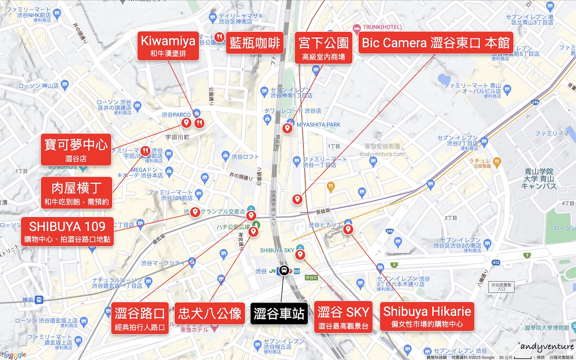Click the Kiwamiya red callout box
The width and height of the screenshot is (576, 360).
point(168,46)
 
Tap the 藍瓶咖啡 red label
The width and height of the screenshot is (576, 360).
point(255,43)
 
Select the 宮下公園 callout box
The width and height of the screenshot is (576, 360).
point(324,48)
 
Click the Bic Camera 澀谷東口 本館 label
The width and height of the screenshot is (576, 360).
point(436,43)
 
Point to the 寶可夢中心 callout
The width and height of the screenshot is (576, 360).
point(76,150)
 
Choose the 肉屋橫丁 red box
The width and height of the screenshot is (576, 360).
point(76,193)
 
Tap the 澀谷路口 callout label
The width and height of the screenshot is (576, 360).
point(140,318)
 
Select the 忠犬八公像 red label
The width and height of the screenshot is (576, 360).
point(210,313)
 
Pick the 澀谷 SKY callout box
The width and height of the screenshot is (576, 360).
point(343,317)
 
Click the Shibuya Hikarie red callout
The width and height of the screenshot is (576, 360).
point(427,316)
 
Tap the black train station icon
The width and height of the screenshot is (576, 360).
point(284,270)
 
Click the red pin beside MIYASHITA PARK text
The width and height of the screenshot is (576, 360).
point(287,128)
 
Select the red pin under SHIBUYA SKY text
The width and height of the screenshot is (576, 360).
point(300,254)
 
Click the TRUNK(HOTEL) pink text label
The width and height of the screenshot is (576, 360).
point(382,27)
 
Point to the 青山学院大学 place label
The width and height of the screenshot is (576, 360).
point(539,179)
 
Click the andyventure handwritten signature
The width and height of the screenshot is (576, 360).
point(547,347)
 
